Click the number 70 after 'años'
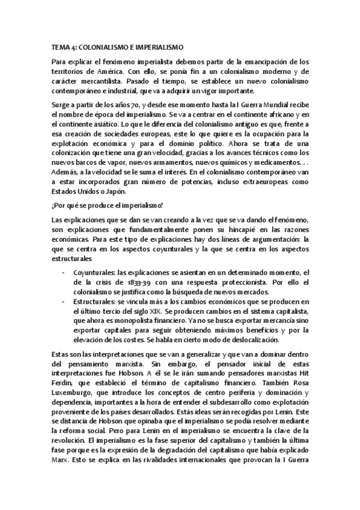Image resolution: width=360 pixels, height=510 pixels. (x=117, y=105)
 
